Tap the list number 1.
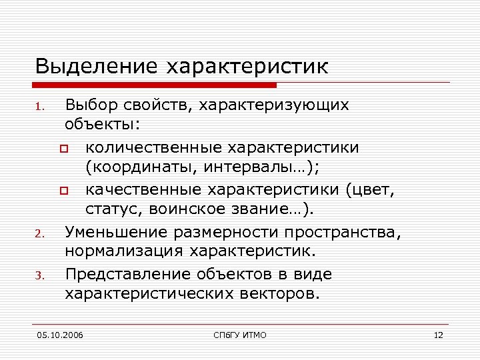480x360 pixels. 40,107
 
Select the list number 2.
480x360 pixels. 40,234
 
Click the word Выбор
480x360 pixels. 90,105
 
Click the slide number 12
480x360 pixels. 438,335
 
